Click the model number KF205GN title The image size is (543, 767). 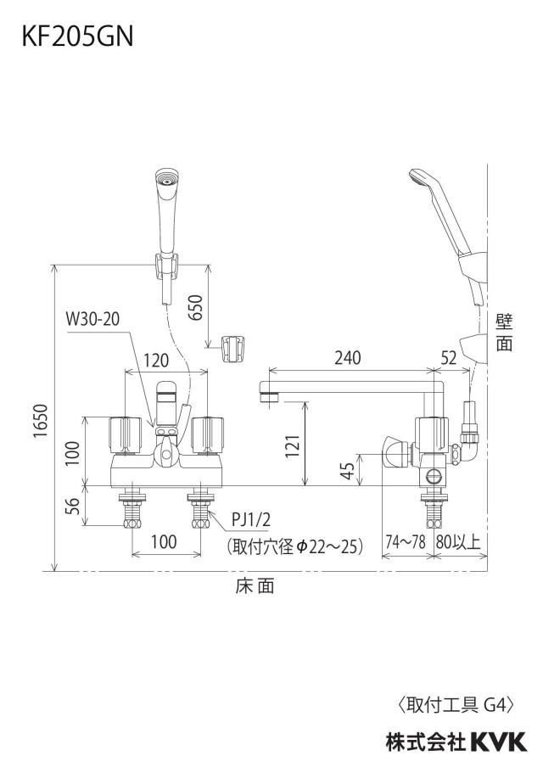(77, 36)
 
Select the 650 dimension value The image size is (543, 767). (195, 307)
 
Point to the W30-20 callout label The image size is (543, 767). (92, 319)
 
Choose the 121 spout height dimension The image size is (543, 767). (292, 445)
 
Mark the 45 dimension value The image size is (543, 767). (348, 471)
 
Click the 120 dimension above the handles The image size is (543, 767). (156, 361)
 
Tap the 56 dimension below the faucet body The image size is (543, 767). (72, 507)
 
